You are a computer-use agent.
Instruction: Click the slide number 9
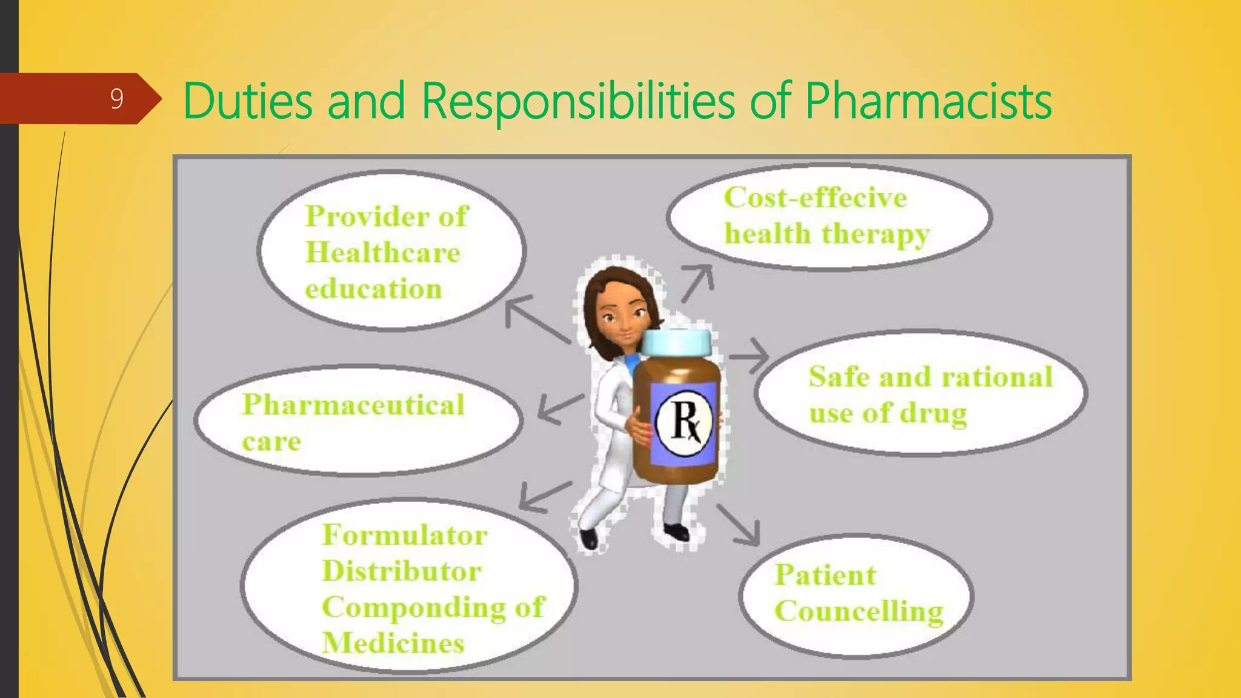coord(117,98)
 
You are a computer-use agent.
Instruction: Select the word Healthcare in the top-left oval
coord(383,252)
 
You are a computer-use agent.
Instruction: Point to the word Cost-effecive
coord(816,198)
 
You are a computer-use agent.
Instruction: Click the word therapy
coord(876,234)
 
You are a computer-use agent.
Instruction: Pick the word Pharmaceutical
coord(353,405)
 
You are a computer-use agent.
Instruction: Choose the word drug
coord(933,414)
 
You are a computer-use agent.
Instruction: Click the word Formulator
coord(405,535)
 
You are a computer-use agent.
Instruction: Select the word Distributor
coord(402,571)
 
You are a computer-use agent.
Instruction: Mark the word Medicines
coord(393,643)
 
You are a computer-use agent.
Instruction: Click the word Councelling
coord(859,611)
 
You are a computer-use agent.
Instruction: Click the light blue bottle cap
coord(676,342)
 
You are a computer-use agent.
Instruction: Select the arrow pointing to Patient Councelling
coord(739,524)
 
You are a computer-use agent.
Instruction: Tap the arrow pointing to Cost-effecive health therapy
coord(697,282)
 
